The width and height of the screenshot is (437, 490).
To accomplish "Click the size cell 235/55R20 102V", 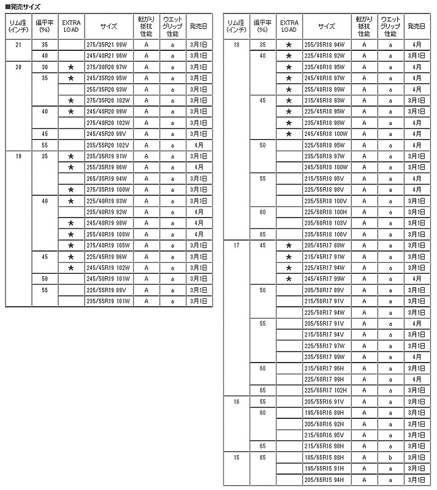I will point(110,145).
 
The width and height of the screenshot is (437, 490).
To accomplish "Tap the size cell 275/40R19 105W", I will point(110,245).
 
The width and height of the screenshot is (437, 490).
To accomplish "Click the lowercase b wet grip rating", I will point(390,457).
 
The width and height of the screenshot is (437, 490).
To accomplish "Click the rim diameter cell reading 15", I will point(237,457).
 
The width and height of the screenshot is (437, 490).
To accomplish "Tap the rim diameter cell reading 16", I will point(237,401).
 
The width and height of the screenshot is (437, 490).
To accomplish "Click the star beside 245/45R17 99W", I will point(289,279).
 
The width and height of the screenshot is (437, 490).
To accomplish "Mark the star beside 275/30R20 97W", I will point(71,67).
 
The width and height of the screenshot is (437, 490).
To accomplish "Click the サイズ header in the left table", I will point(110,27).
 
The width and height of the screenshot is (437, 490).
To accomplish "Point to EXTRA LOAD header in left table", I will point(71,27).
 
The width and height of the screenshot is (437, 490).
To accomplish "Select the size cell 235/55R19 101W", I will point(110,301).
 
